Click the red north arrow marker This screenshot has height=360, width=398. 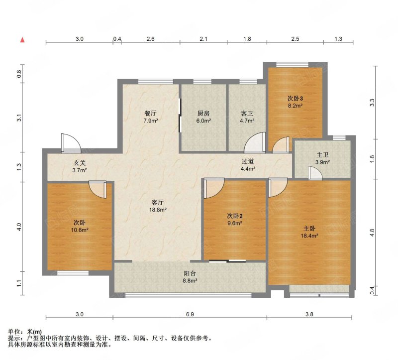[x=22, y=40]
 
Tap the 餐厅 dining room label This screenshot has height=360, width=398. [x=150, y=114]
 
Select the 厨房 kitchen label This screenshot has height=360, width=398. [x=203, y=114]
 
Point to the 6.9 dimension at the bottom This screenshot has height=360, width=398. [x=190, y=314]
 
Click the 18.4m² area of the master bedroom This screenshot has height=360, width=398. [x=309, y=236]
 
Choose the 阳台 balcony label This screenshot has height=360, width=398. [x=190, y=273]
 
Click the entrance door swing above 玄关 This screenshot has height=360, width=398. [x=71, y=143]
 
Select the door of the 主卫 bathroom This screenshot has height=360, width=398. [x=315, y=173]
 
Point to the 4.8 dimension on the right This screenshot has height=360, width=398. [x=372, y=233]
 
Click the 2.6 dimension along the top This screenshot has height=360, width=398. [x=151, y=39]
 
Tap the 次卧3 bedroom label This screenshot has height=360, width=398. [x=295, y=98]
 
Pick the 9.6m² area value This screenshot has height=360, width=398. [x=234, y=223]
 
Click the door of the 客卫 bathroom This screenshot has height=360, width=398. [x=255, y=143]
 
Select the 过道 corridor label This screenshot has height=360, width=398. [x=247, y=161]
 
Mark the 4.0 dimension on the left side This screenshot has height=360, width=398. [x=19, y=227]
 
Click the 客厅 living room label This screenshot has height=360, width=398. [x=158, y=203]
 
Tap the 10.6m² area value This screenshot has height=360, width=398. [x=80, y=230]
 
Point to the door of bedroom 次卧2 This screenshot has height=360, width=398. [x=214, y=188]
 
